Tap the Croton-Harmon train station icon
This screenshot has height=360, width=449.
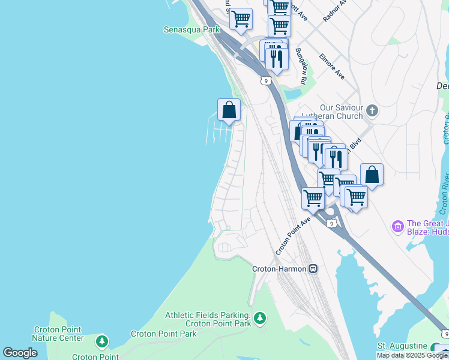click(x=313, y=269)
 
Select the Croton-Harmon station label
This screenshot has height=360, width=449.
click(x=279, y=269)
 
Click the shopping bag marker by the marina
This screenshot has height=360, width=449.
click(x=229, y=110)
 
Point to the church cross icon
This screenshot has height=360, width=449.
click(x=372, y=110)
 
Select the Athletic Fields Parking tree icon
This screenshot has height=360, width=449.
click(x=260, y=317)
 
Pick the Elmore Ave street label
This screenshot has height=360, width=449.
click(x=331, y=67)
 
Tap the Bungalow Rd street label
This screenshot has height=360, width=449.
click(x=301, y=66)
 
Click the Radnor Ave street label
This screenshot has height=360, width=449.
click(x=334, y=11)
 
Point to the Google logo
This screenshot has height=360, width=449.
click(x=20, y=353)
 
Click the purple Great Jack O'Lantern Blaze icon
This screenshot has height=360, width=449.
click(x=397, y=227)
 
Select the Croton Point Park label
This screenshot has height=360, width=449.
click(x=164, y=334)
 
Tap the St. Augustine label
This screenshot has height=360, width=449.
click(x=402, y=346)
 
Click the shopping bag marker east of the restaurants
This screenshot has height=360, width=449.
click(x=372, y=175)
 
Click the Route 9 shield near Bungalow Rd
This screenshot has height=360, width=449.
click(x=265, y=80)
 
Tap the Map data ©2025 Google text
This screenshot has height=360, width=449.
click(x=412, y=355)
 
